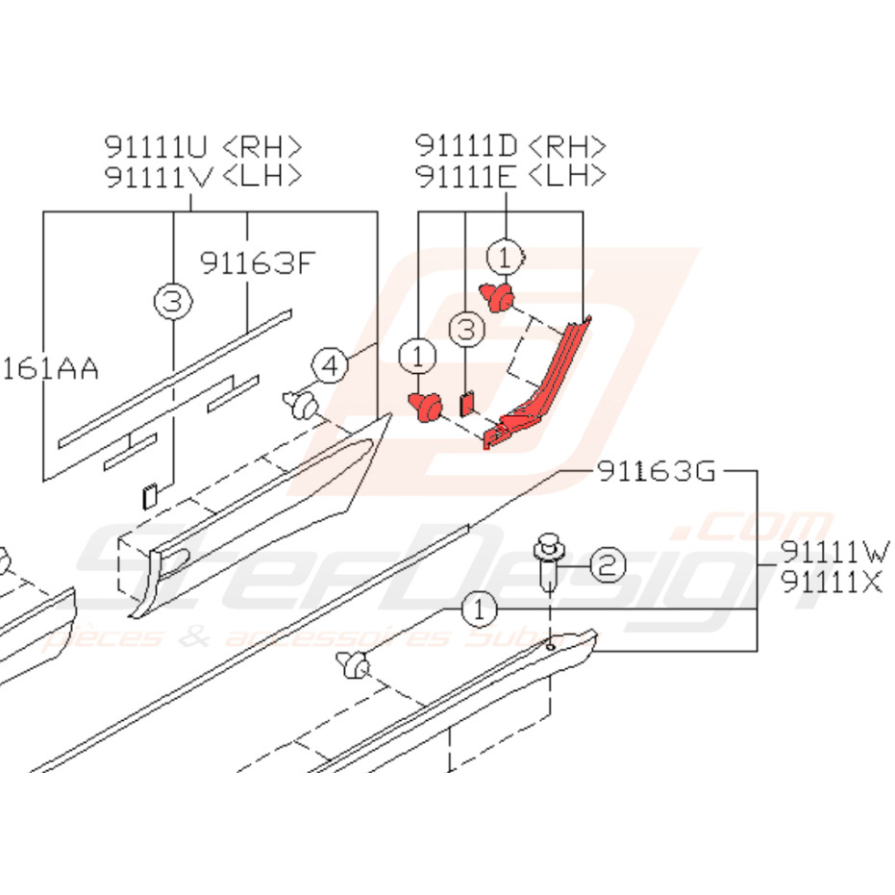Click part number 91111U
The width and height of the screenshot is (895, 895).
point(157,147)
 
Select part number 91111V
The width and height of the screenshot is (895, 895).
point(157,177)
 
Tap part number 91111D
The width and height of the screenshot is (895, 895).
point(467,146)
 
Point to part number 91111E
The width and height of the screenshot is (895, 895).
point(467,176)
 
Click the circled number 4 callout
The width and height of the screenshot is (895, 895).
point(329,365)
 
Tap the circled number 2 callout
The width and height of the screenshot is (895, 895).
point(608,565)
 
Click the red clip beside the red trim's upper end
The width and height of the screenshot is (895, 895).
point(498,297)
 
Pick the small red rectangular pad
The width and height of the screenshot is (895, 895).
point(468,401)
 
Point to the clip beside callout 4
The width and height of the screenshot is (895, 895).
point(300,406)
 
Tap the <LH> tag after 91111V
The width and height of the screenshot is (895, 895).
point(261,177)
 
